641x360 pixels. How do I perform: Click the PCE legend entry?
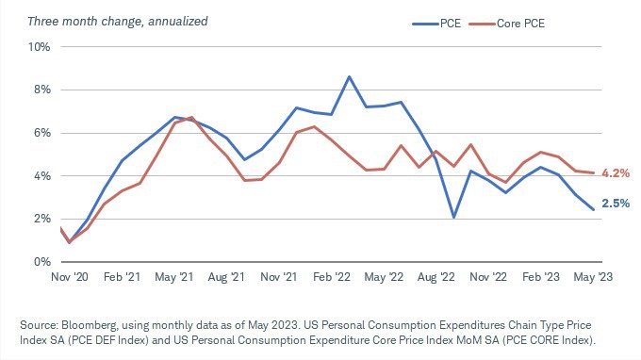pos(436,24)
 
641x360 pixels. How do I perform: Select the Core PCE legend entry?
pos(507,24)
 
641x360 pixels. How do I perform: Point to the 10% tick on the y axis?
pos(39,47)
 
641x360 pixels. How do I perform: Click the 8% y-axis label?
pos(42,90)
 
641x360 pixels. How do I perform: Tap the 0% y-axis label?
pos(42,262)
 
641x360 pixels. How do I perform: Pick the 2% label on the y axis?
pos(42,219)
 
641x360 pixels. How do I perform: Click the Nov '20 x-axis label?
pos(70,277)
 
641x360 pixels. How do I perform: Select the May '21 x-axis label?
pos(174,277)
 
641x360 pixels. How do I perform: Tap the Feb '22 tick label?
pos(332,277)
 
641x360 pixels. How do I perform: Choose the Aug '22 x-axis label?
pos(436,277)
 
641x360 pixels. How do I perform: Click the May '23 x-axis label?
pos(593,277)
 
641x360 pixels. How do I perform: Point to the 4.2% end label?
pos(616,173)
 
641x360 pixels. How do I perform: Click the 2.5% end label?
pos(616,203)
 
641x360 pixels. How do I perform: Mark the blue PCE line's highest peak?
pos(349,76)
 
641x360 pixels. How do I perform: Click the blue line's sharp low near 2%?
pos(453,218)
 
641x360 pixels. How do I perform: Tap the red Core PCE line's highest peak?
pos(191,117)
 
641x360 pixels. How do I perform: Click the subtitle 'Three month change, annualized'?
pos(118,22)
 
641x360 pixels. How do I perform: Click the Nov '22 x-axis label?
pos(488,277)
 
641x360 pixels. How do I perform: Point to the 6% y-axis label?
pos(42,133)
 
